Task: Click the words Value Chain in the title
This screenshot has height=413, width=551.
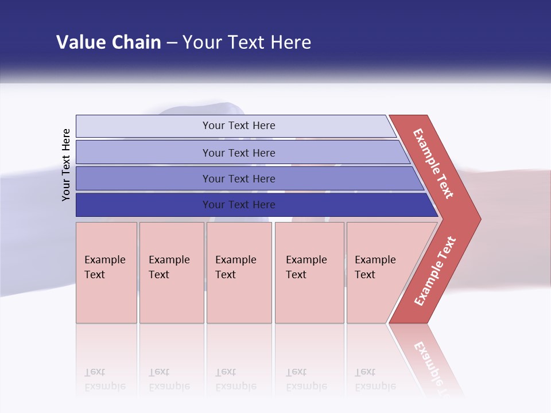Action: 108,42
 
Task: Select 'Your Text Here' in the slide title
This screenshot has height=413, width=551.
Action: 247,42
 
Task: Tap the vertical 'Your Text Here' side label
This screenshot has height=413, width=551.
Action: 66,165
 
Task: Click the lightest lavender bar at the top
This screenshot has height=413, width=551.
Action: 143,126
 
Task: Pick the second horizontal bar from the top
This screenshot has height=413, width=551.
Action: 143,153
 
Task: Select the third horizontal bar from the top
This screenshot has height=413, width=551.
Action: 143,178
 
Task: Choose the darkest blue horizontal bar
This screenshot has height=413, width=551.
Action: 143,205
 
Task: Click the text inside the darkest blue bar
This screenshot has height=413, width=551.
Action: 239,205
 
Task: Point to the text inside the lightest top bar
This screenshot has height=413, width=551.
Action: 239,126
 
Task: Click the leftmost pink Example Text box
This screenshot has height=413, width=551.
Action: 106,272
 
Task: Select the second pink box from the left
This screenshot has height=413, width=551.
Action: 172,272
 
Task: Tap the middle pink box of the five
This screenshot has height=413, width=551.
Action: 239,272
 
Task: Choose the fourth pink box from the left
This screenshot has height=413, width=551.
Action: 309,272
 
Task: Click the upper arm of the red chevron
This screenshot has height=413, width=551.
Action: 433,163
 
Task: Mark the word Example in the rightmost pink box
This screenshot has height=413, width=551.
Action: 375,260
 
